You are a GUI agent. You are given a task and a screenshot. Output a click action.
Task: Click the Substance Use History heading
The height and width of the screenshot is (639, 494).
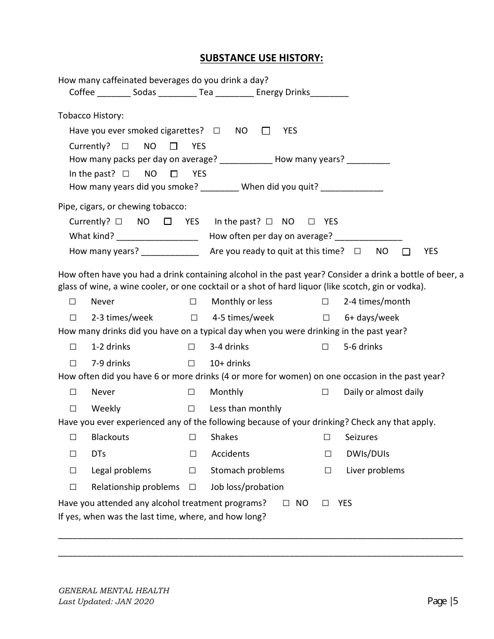pos(262,58)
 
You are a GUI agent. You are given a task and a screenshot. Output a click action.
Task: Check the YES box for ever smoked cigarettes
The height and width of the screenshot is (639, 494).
pos(266,131)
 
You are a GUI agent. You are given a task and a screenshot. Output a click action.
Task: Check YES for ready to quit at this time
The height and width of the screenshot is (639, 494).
pos(406,252)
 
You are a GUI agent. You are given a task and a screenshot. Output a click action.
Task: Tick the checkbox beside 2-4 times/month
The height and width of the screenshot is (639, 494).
pos(325,302)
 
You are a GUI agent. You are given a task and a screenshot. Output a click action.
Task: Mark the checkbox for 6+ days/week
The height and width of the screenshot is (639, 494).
pos(326,318)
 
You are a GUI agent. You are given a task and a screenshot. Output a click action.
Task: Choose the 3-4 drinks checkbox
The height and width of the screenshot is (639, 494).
pos(191,347)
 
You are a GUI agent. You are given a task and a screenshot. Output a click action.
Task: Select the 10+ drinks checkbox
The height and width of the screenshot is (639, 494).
pos(191,364)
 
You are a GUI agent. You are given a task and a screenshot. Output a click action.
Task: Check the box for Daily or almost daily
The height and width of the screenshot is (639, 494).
pos(325,392)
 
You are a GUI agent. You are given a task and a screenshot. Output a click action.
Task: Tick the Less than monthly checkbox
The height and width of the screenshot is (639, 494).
pos(191,409)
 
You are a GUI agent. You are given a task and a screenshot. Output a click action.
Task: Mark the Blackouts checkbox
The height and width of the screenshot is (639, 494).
pos(73,437)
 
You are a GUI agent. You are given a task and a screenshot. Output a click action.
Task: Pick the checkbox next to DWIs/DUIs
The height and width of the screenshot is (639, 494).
pos(328,454)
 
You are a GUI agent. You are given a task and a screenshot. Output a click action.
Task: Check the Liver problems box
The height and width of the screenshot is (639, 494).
pos(328,471)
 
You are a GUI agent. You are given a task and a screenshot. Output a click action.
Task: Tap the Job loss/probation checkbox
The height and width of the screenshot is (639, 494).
pos(192,487)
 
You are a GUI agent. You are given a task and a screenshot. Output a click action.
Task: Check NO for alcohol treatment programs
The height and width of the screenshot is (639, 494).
pos(286,503)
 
